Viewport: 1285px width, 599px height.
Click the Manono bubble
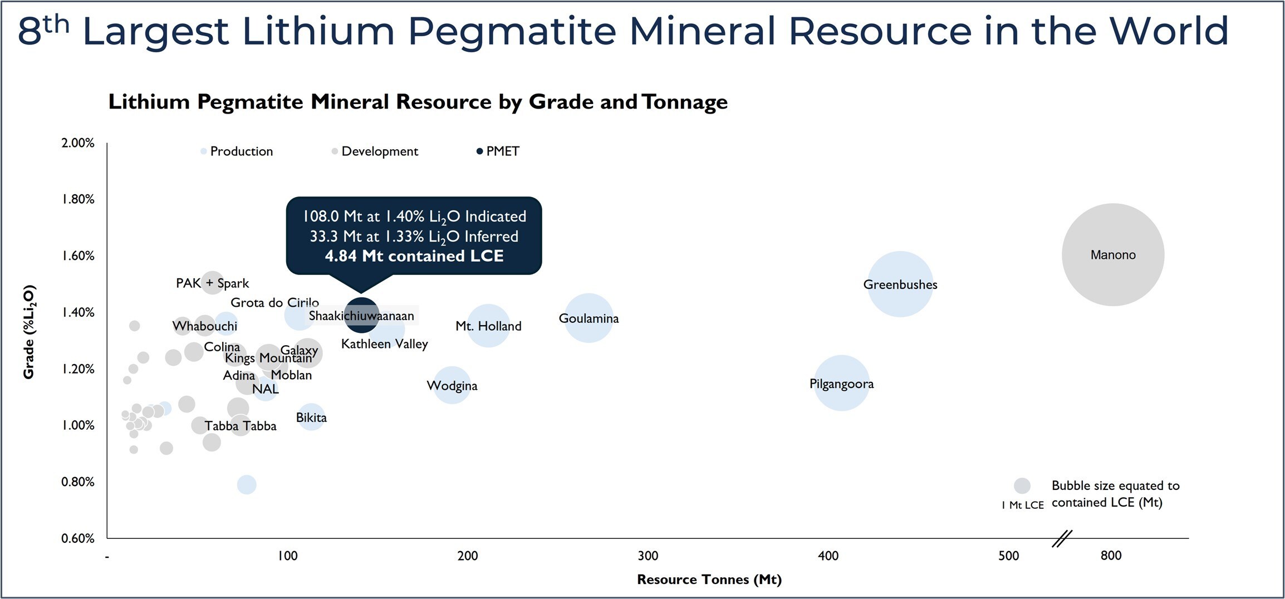[x=1112, y=254]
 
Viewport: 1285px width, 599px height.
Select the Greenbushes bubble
[x=900, y=284]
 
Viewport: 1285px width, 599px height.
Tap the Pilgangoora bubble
[x=841, y=383]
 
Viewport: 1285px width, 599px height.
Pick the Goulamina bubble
[x=588, y=318]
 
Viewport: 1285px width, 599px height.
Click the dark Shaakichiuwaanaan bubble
[x=361, y=315]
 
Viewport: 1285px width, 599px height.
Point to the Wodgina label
[x=452, y=385]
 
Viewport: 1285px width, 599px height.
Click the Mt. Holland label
[x=488, y=326]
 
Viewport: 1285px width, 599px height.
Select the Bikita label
[x=311, y=418]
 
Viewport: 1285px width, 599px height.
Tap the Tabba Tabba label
[x=240, y=426]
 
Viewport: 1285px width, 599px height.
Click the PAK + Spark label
[x=212, y=283]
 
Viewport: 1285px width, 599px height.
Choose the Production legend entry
[x=241, y=151]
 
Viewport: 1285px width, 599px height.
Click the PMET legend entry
[x=502, y=151]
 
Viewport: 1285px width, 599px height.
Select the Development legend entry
[x=379, y=151]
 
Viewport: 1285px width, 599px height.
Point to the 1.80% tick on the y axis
[x=78, y=199]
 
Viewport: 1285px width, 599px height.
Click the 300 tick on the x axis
[x=648, y=556]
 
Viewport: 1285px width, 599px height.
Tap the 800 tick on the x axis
[x=1111, y=556]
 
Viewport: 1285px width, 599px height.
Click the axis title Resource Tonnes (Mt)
[x=709, y=580]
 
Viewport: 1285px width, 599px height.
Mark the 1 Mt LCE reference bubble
[x=1022, y=485]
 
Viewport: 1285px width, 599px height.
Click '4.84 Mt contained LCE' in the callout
[x=414, y=256]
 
